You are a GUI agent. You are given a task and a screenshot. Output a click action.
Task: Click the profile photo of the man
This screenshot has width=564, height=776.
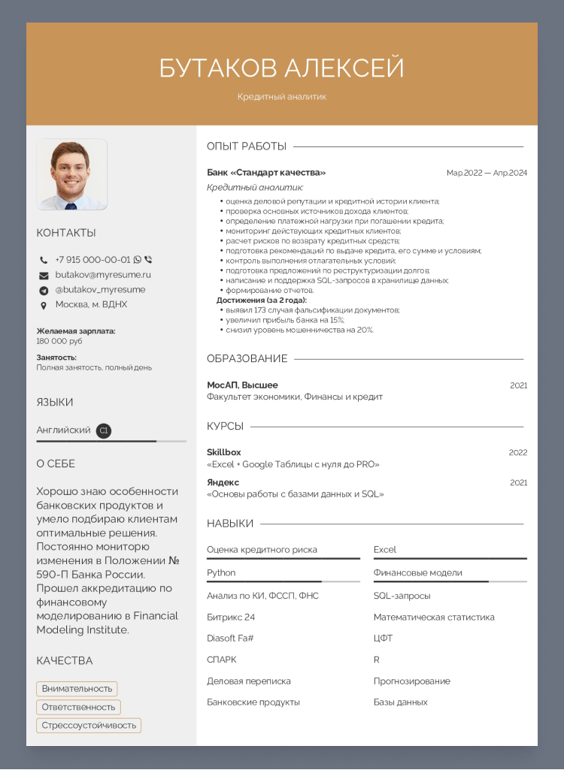pyautogui.click(x=71, y=174)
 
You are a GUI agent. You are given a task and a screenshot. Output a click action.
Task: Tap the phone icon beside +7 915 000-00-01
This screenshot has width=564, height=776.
pyautogui.click(x=44, y=260)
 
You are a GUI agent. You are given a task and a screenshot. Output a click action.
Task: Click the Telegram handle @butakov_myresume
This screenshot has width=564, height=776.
pyautogui.click(x=100, y=290)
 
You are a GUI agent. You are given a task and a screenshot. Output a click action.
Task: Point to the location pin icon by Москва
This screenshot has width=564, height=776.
pyautogui.click(x=44, y=305)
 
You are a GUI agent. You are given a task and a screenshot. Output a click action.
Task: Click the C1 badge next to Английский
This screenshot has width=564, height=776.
pyautogui.click(x=104, y=430)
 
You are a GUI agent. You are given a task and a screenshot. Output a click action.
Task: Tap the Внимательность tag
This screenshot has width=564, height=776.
pyautogui.click(x=77, y=689)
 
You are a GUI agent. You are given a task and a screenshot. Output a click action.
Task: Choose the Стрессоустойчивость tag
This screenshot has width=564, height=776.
pyautogui.click(x=89, y=726)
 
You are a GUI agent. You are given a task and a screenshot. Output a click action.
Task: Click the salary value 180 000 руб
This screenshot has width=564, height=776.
pyautogui.click(x=59, y=341)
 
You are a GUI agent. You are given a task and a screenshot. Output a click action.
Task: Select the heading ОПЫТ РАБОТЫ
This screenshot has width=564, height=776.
pyautogui.click(x=247, y=146)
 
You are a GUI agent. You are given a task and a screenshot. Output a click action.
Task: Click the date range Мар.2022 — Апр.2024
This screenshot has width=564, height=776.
pyautogui.click(x=487, y=173)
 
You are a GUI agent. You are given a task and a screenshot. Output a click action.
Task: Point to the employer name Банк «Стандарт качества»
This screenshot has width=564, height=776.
pyautogui.click(x=266, y=173)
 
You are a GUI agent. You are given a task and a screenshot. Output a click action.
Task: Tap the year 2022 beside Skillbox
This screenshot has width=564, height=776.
pyautogui.click(x=518, y=453)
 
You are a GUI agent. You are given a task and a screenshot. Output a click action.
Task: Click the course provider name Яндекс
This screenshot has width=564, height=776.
pyautogui.click(x=223, y=482)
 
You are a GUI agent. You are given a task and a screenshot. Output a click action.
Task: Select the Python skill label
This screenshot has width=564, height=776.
pyautogui.click(x=221, y=573)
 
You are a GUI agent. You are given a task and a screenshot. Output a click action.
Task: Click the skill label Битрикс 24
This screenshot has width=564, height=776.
pyautogui.click(x=231, y=617)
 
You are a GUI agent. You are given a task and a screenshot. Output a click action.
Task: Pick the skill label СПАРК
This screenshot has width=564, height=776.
pyautogui.click(x=221, y=660)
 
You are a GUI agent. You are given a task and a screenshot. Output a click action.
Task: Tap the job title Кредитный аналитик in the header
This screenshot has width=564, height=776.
pyautogui.click(x=282, y=97)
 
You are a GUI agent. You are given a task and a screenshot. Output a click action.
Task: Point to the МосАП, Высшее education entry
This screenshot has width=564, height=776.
pyautogui.click(x=242, y=385)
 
